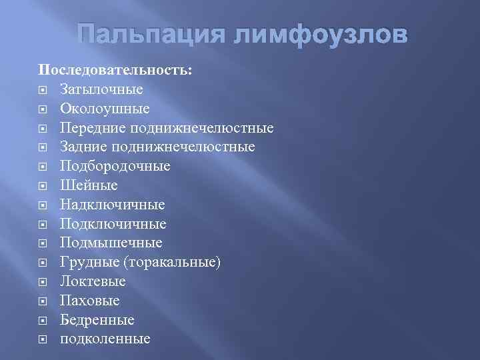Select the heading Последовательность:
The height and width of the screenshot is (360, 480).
(x=115, y=70)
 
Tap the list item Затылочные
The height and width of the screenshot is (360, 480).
(x=101, y=89)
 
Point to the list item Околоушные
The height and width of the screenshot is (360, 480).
(x=105, y=109)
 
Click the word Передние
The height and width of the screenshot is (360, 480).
(x=92, y=128)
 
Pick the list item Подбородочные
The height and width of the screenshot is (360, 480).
(x=115, y=166)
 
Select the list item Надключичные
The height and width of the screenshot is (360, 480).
(x=112, y=205)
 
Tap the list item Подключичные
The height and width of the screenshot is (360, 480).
(x=113, y=224)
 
